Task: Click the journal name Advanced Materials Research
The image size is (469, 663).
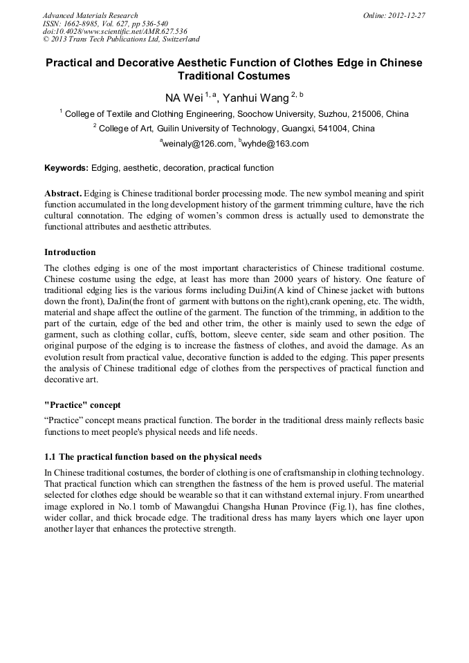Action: pyautogui.click(x=90, y=15)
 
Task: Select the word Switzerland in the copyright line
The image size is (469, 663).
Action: pyautogui.click(x=176, y=39)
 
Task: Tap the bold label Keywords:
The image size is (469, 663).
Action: pyautogui.click(x=66, y=168)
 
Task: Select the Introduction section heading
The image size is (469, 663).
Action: pyautogui.click(x=70, y=252)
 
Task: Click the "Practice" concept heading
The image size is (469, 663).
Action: pyautogui.click(x=83, y=404)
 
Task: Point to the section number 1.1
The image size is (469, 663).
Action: pyautogui.click(x=50, y=457)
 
